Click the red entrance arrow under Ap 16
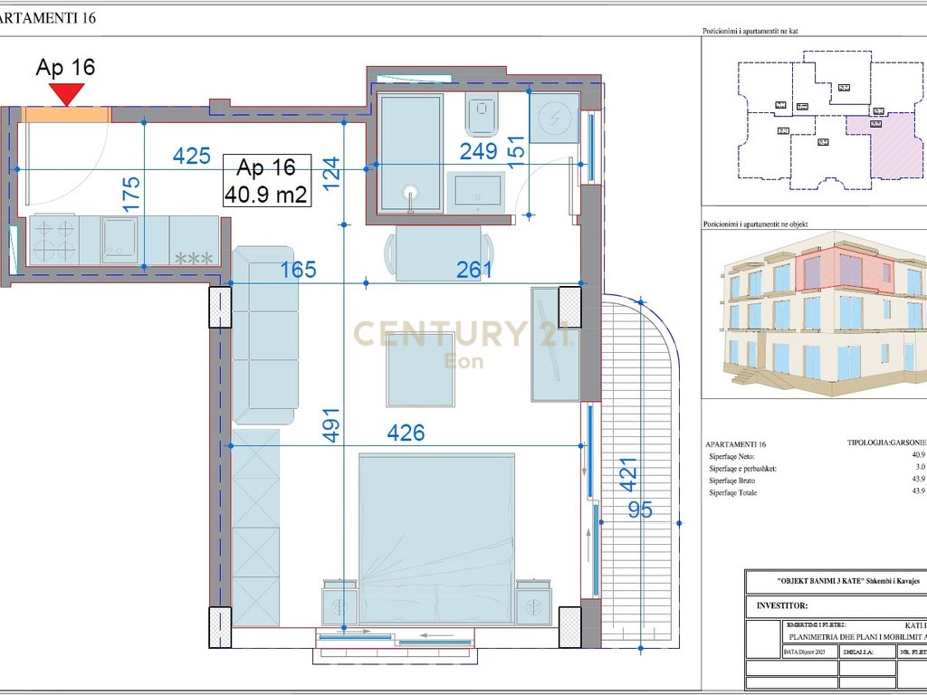tap(67, 93)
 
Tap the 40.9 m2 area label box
tap(266, 181)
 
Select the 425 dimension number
tap(191, 156)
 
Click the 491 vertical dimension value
tap(330, 426)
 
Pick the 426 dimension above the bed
tap(406, 433)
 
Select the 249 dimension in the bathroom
tap(478, 151)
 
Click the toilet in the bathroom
tap(480, 116)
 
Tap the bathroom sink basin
tap(478, 192)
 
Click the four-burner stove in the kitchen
tap(53, 240)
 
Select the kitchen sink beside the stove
tap(119, 240)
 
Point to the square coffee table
tap(420, 370)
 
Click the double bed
tap(436, 538)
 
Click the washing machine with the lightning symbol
tap(553, 118)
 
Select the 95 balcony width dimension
tap(640, 510)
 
